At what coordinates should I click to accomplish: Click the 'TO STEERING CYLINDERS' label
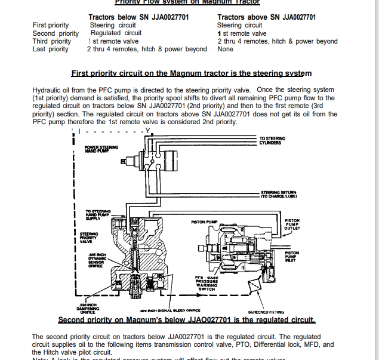click(x=272, y=140)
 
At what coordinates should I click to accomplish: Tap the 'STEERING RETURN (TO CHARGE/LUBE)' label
click(x=279, y=194)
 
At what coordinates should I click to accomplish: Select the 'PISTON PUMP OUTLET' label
click(x=292, y=224)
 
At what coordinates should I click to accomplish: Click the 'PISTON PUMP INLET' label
click(x=292, y=256)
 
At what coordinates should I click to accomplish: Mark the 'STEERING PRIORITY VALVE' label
click(x=90, y=237)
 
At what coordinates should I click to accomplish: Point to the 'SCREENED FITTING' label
click(x=266, y=312)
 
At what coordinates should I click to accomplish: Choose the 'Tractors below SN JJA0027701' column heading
click(x=138, y=17)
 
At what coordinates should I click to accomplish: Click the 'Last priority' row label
click(x=51, y=49)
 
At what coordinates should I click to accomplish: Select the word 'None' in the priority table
click(x=226, y=49)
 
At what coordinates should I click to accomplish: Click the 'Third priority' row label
click(x=52, y=41)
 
